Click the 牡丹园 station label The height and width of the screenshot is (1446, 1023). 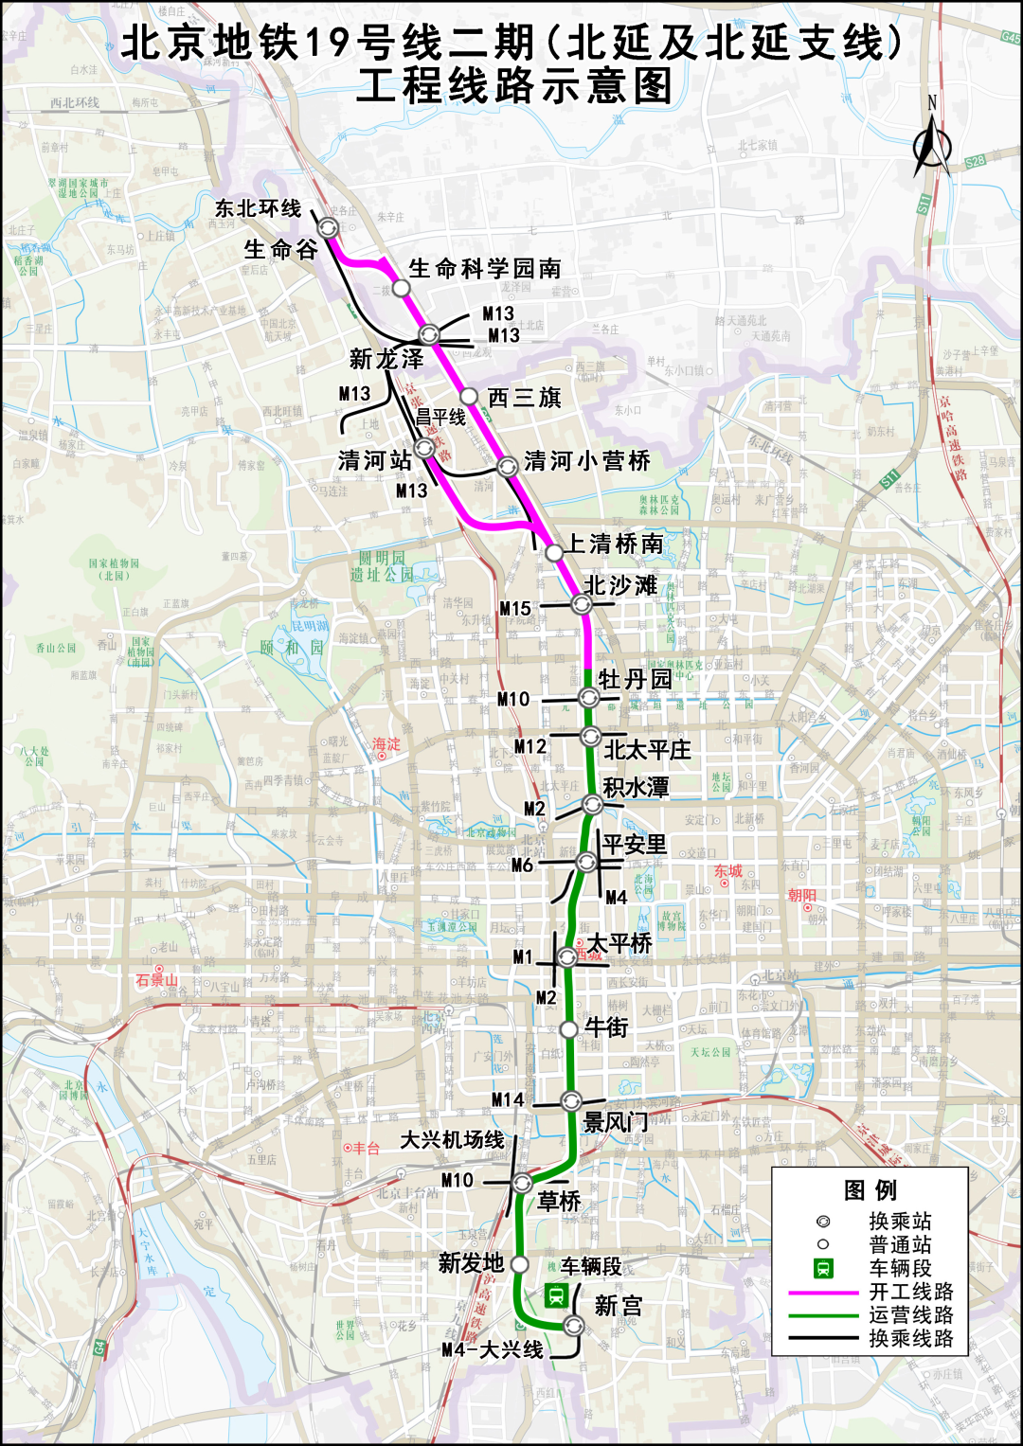click(x=635, y=679)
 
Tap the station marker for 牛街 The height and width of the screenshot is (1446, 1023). click(x=568, y=1029)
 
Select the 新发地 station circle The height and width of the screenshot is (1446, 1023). click(x=519, y=1263)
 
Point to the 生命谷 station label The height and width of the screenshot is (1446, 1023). click(x=280, y=249)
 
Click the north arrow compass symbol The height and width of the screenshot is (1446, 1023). click(x=932, y=142)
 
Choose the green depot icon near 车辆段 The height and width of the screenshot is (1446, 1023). click(x=556, y=1294)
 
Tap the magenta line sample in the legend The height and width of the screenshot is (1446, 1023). click(x=823, y=1292)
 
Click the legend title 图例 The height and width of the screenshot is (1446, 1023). click(x=870, y=1190)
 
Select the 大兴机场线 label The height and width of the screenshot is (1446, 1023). click(x=452, y=1139)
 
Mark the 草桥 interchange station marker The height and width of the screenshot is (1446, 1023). click(x=522, y=1183)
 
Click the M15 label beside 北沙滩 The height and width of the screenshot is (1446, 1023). click(x=515, y=608)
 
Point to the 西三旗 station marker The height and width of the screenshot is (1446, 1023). click(x=469, y=396)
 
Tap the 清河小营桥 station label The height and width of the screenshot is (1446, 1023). click(x=587, y=461)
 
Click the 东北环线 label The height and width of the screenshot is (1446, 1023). click(x=258, y=208)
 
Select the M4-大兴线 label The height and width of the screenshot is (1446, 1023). click(x=493, y=1349)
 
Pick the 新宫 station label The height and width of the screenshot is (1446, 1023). click(x=618, y=1306)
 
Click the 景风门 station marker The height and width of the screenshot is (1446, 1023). click(x=570, y=1100)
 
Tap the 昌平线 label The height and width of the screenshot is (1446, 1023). click(x=441, y=417)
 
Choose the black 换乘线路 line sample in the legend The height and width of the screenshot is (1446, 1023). click(x=823, y=1339)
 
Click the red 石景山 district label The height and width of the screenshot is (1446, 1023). click(x=156, y=979)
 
